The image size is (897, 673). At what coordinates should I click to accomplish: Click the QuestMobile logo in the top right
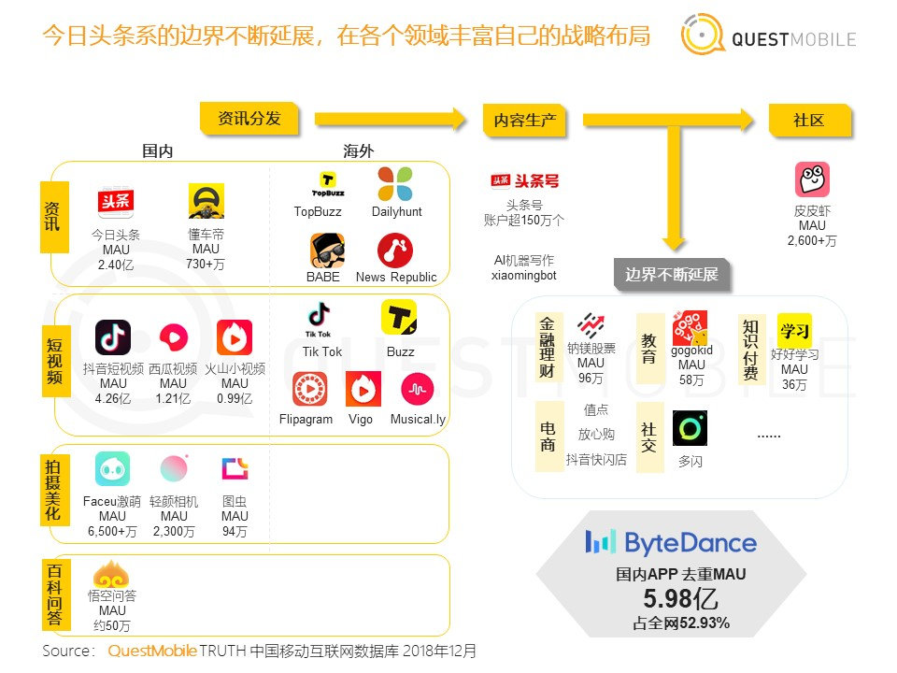coord(766,36)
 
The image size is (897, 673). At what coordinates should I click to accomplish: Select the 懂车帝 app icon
coord(206,201)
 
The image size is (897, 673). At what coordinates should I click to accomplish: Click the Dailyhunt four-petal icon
coord(394,184)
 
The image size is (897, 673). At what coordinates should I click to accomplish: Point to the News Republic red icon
coord(395,251)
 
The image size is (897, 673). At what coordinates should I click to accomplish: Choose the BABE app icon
coord(327,251)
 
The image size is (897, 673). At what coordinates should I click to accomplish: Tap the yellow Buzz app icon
coord(399,318)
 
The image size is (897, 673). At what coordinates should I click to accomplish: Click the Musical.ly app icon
coord(417,389)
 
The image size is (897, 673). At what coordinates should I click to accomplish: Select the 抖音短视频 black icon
coord(113,337)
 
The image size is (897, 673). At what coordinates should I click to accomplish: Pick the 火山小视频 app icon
coord(235,337)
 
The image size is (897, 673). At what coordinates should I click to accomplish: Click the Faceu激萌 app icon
coord(112,469)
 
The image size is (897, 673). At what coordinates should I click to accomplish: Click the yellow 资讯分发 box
coord(249,120)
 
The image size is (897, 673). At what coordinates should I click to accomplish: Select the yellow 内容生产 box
coord(524,121)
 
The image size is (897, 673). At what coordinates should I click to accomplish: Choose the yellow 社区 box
coord(809,121)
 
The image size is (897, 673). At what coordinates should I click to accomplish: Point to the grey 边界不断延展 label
coord(672,275)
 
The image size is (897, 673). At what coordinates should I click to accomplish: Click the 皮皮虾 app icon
coord(812,179)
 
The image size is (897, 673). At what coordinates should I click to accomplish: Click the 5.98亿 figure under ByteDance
coord(679,599)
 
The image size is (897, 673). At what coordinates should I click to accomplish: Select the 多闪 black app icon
coord(690,428)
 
